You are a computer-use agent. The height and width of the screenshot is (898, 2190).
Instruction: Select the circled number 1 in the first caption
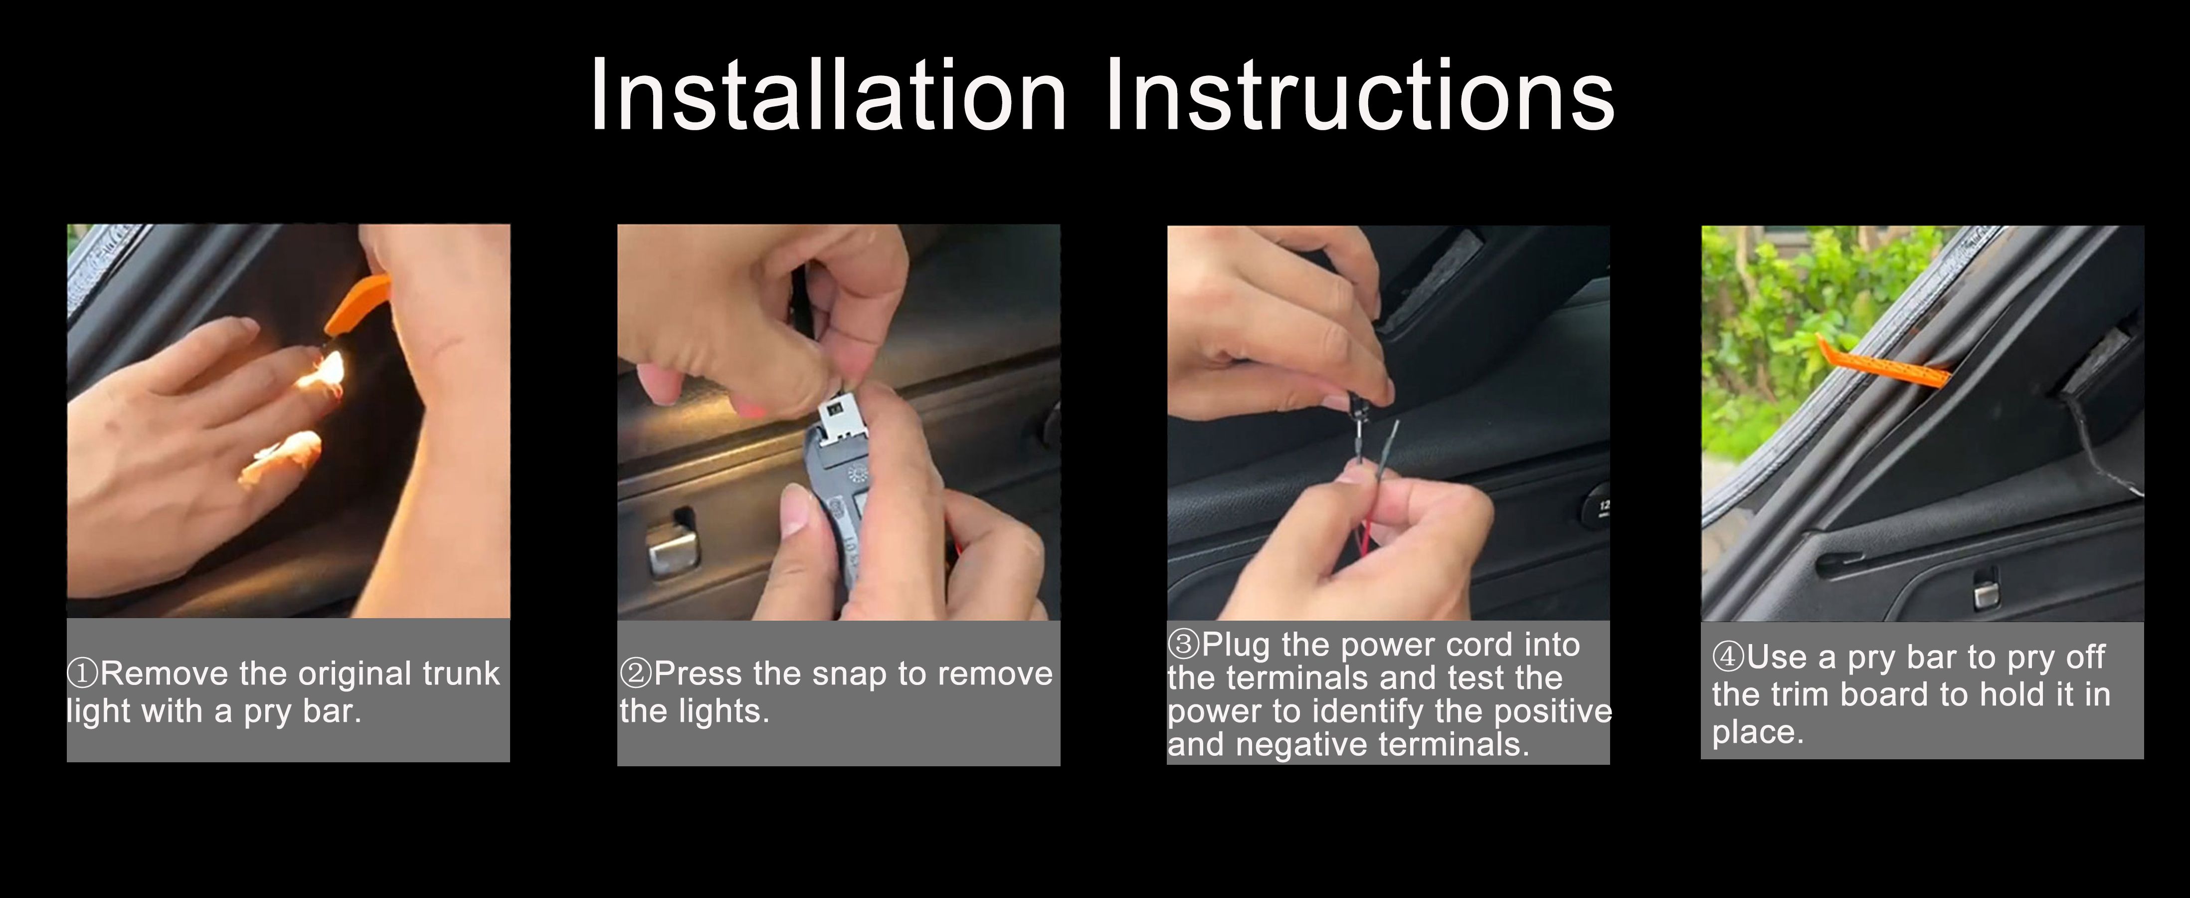click(x=82, y=673)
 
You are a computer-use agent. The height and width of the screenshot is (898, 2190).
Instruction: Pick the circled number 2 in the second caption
click(x=636, y=673)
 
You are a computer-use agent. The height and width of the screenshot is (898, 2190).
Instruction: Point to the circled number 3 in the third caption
click(x=1183, y=644)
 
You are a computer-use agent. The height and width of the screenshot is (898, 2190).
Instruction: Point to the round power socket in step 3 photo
click(x=1598, y=508)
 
